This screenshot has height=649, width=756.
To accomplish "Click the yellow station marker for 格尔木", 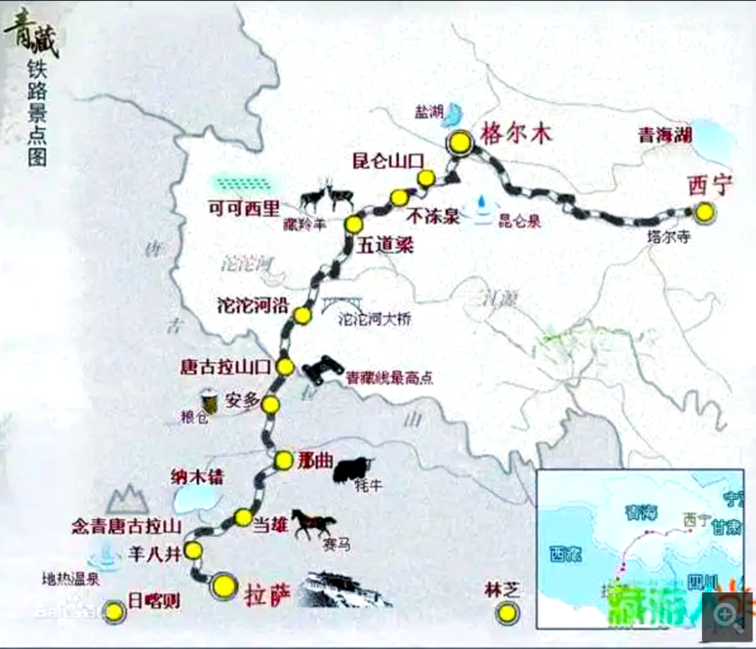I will click(x=460, y=143).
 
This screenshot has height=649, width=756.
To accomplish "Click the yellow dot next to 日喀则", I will click(x=114, y=612).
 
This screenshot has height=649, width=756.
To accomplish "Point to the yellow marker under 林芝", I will click(x=505, y=613).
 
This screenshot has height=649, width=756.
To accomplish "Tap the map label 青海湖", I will click(x=664, y=136).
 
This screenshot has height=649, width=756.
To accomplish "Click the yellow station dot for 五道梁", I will click(x=353, y=224).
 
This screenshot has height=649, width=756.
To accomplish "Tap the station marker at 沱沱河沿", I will click(x=302, y=316).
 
